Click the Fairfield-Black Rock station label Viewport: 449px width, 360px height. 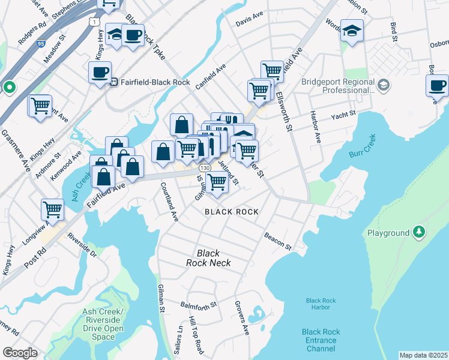click(x=155, y=82)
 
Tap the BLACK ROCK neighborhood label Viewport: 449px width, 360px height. click(x=232, y=212)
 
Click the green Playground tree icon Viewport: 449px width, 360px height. click(x=418, y=232)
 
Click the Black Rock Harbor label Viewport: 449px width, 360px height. click(x=318, y=304)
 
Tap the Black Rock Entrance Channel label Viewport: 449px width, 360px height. click(x=321, y=340)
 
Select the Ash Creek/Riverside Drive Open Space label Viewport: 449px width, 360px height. click(x=103, y=325)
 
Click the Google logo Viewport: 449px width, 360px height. click(x=20, y=353)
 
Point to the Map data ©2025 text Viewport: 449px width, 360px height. click(x=423, y=355)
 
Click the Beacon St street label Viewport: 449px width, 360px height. click(x=277, y=242)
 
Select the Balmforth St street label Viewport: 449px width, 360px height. click(x=198, y=305)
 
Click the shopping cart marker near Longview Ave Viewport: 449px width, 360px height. click(x=52, y=209)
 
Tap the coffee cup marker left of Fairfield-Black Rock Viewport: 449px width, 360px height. click(x=100, y=73)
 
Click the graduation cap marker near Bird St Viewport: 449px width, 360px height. click(x=352, y=30)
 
